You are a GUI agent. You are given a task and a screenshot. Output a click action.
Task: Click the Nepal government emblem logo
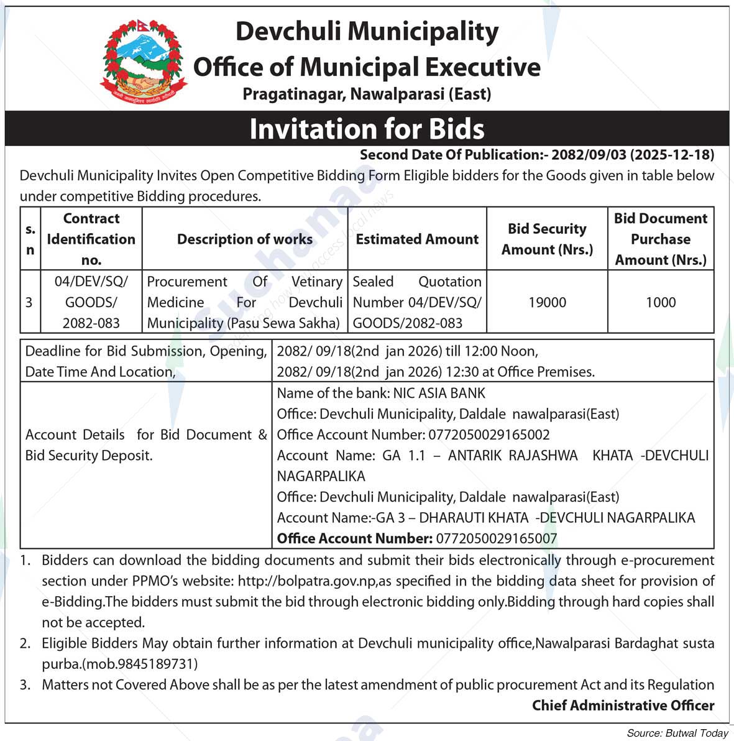point(144,61)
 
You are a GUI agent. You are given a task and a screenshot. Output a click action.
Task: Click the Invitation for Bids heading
point(367,129)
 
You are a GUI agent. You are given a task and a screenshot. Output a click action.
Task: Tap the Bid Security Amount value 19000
point(547,302)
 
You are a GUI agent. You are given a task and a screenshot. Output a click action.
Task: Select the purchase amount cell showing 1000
point(660,302)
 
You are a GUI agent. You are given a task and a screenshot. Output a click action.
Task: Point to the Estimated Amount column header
point(417,239)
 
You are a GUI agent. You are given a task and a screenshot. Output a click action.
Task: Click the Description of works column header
point(245,239)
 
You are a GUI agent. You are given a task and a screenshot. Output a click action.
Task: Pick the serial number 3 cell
point(29,302)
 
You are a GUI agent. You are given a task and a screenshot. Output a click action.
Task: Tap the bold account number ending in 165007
point(497,538)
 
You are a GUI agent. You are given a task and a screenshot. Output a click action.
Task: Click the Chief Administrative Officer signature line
point(623,705)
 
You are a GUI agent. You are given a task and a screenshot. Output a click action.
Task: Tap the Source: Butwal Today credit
point(677,733)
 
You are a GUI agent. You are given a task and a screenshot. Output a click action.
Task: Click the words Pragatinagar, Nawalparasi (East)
point(367,94)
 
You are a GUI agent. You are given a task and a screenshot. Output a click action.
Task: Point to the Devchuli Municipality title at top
point(367,31)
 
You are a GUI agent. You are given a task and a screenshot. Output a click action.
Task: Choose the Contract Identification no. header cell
point(91,239)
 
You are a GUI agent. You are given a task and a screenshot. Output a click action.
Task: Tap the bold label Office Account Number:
point(354,538)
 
